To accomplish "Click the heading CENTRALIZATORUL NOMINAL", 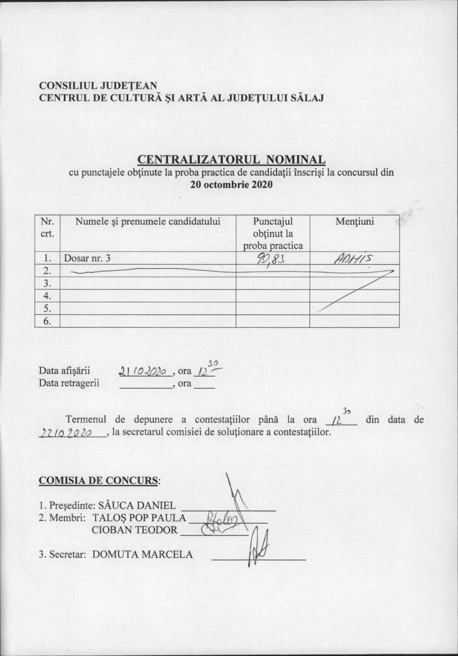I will (231, 160).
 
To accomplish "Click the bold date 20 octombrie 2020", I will (231, 184).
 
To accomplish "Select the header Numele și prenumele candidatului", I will (147, 221).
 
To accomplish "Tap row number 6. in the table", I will (47, 321).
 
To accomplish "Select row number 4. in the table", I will (47, 296).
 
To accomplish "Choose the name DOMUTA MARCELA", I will (142, 554).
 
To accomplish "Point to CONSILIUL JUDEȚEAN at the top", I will (98, 86).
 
